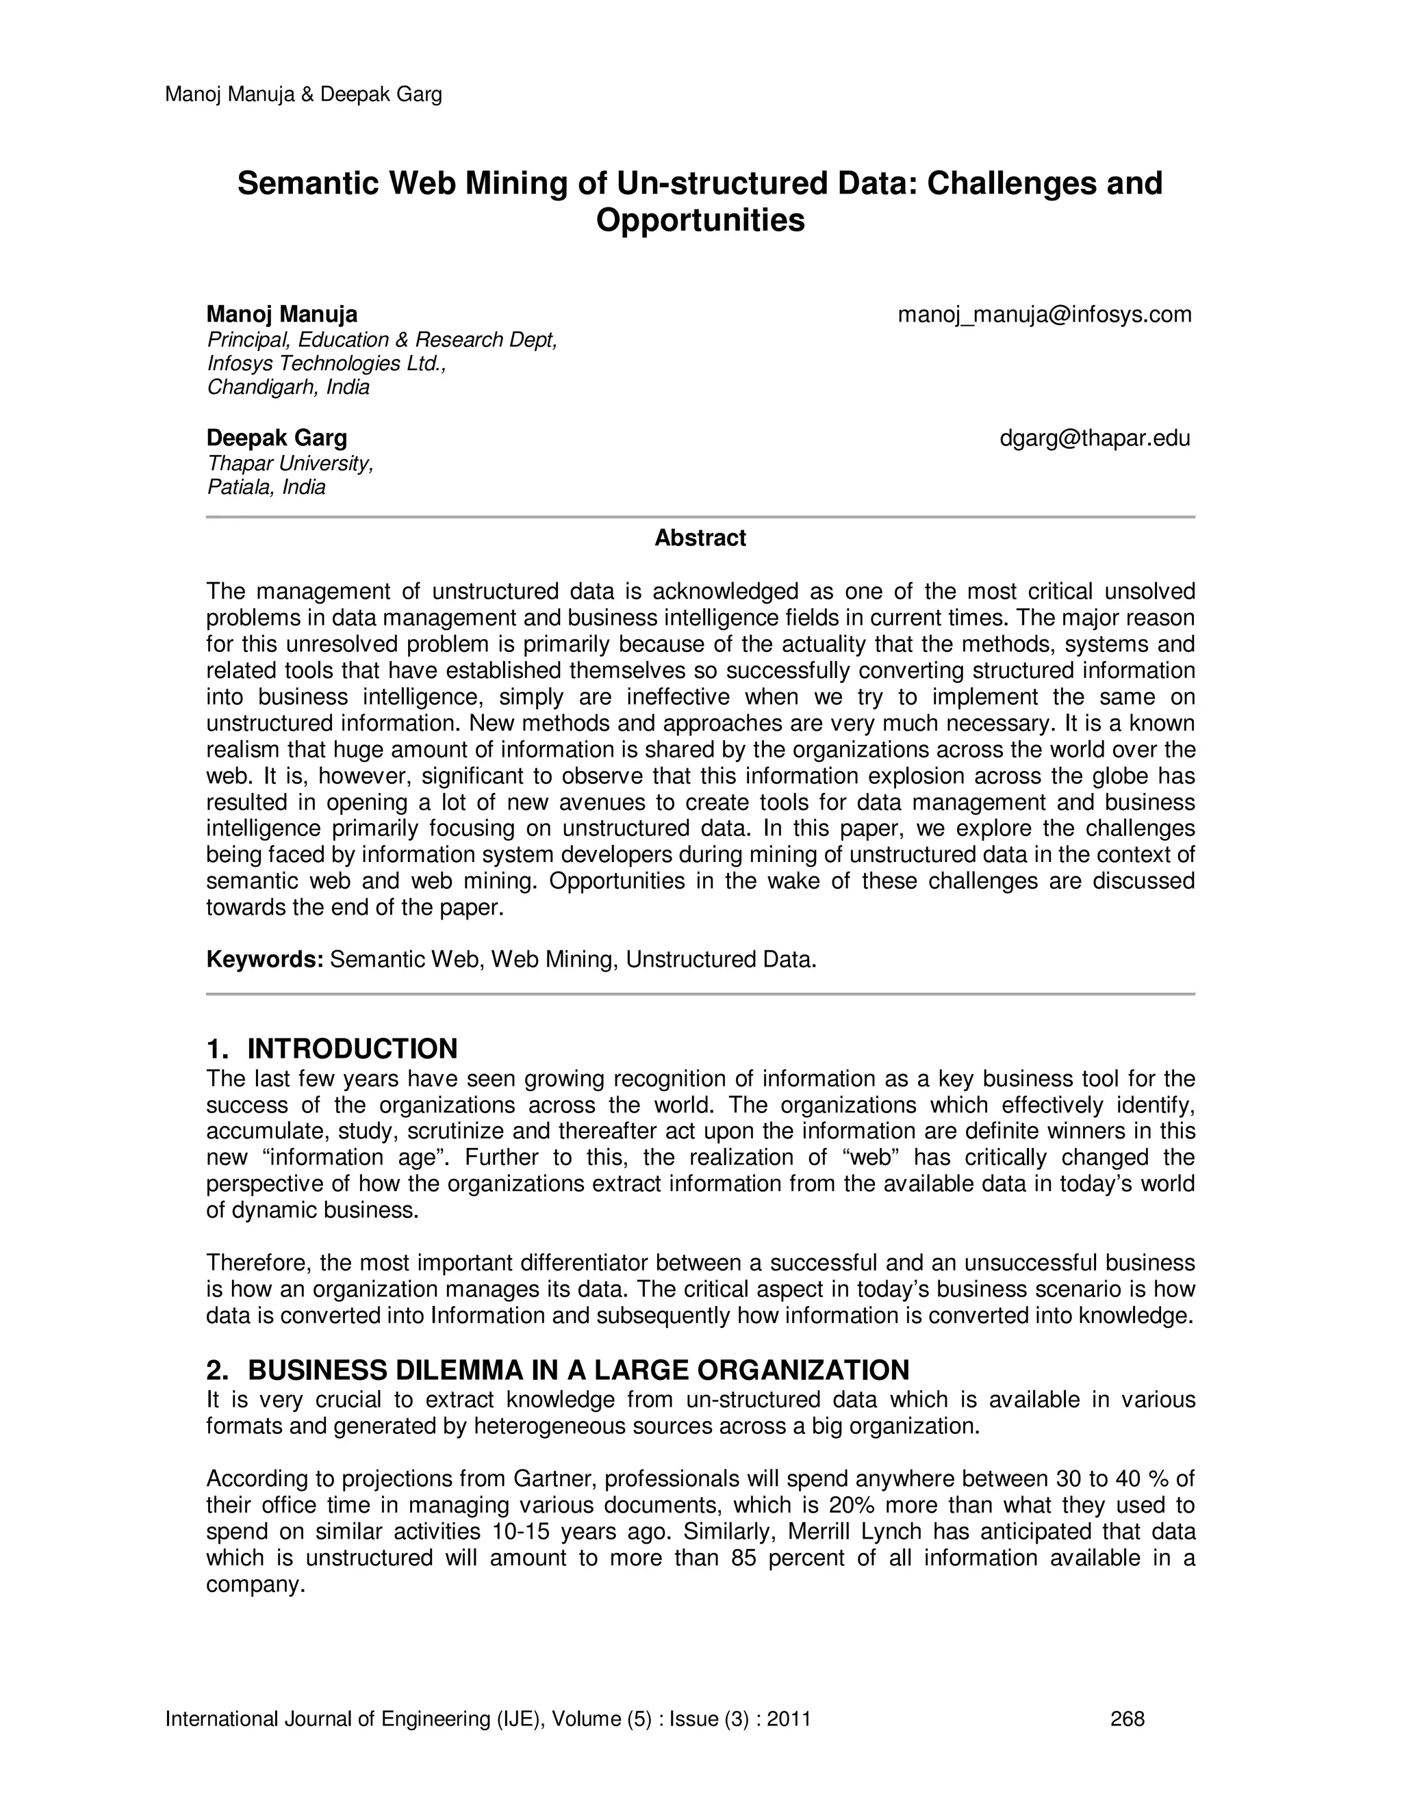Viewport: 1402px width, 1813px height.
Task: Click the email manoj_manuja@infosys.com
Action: pos(1044,315)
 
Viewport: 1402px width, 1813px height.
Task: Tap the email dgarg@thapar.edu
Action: pos(1095,439)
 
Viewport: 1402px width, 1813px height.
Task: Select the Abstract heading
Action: pos(700,538)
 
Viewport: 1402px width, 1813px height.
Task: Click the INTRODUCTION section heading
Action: pos(352,1048)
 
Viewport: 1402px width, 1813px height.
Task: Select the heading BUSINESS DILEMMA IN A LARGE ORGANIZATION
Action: pos(578,1370)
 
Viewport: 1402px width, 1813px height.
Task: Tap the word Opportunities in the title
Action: pos(700,220)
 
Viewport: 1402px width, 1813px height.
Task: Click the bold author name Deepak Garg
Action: pos(277,439)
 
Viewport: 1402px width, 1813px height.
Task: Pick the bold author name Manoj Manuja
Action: pos(281,315)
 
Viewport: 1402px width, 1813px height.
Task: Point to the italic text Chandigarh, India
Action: pos(288,388)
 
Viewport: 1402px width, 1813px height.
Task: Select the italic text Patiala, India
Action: pos(266,487)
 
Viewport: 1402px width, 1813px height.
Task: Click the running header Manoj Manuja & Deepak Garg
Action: pos(303,94)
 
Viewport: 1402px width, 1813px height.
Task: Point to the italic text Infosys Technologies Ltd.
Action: pos(327,363)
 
